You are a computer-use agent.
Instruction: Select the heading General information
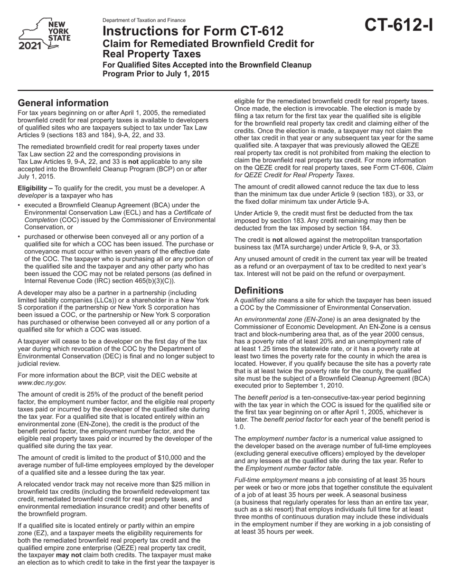[63, 103]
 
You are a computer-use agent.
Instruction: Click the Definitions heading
[259, 290]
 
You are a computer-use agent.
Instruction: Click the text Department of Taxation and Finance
[144, 20]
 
